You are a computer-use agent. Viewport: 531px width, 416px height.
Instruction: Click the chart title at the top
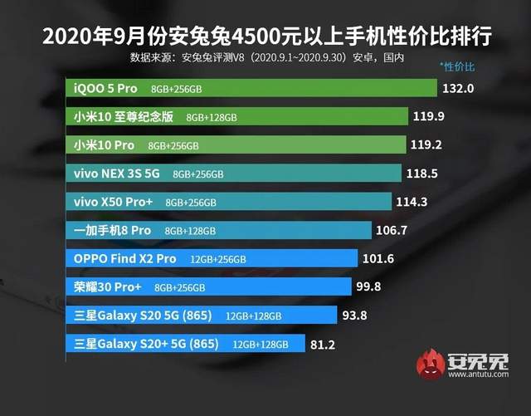tap(265, 37)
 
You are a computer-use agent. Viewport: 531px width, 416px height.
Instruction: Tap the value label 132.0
tap(459, 88)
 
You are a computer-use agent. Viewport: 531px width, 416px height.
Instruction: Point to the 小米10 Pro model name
tap(104, 145)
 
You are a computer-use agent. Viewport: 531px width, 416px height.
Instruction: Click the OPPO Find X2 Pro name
tap(124, 259)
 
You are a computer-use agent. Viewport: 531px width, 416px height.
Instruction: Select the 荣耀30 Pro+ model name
tap(108, 287)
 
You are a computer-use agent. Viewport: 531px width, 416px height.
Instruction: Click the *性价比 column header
tap(457, 65)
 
